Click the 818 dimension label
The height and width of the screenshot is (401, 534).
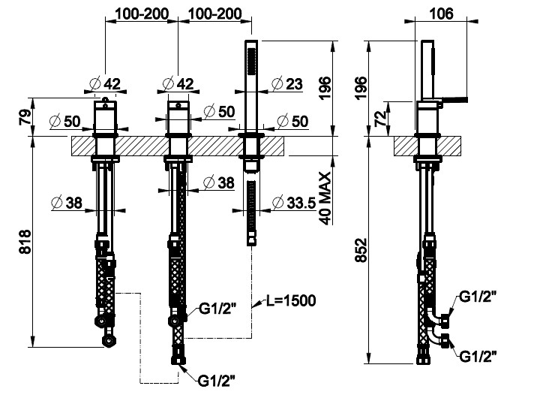point(23,243)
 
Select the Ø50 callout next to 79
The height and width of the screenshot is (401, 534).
point(66,120)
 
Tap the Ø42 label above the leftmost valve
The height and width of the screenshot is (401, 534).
point(104,83)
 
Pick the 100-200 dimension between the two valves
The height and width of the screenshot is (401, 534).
point(141,13)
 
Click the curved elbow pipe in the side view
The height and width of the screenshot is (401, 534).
point(436,331)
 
